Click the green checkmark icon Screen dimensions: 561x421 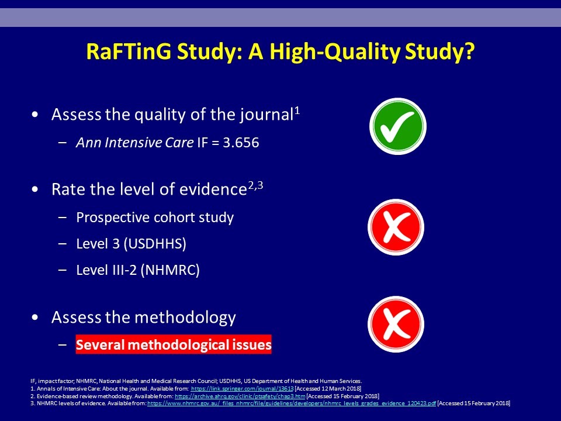click(x=398, y=126)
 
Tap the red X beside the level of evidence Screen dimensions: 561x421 click(x=396, y=227)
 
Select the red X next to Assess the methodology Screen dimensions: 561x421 click(x=396, y=324)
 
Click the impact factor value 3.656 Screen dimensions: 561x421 click(x=241, y=143)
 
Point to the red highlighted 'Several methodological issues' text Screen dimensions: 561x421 click(x=174, y=344)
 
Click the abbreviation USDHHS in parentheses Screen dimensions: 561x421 click(x=155, y=244)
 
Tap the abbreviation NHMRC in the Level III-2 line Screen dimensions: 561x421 click(x=170, y=270)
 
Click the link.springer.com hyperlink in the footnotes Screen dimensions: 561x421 click(x=242, y=388)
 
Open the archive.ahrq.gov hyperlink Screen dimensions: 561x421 click(x=240, y=396)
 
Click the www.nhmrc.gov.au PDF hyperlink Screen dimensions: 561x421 click(x=292, y=403)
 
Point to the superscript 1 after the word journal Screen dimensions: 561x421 click(x=297, y=112)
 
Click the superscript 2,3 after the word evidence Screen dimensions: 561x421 click(x=255, y=186)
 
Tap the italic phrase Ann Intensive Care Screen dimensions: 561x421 click(x=135, y=143)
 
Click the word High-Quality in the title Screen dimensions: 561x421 click(x=334, y=52)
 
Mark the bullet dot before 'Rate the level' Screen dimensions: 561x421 click(x=34, y=189)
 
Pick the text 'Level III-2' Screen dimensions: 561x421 click(x=106, y=270)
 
